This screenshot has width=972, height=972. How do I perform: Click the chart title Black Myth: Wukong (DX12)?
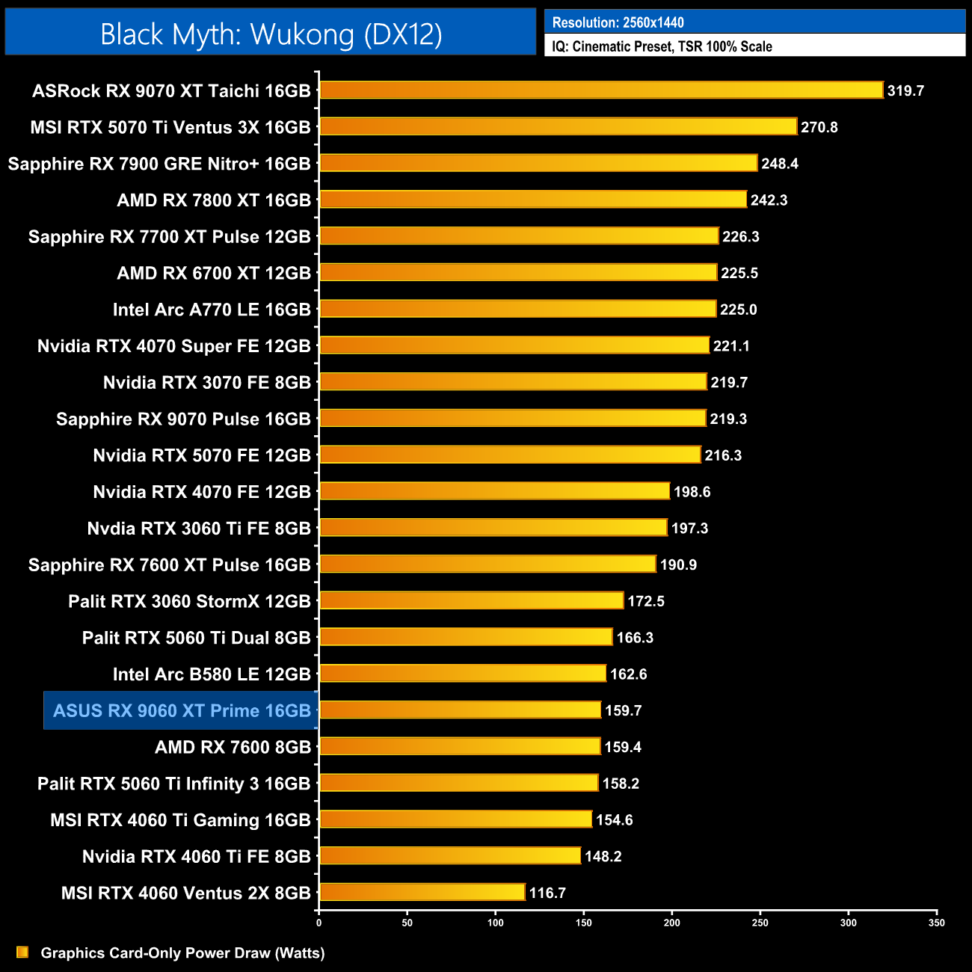click(271, 34)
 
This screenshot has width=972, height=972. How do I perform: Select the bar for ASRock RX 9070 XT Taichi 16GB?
click(601, 90)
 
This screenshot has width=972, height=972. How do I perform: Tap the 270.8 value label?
click(819, 127)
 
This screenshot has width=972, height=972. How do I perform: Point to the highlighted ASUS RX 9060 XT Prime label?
click(182, 710)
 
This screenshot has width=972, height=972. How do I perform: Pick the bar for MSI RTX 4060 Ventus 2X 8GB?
click(422, 892)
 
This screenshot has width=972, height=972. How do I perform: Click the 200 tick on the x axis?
click(671, 923)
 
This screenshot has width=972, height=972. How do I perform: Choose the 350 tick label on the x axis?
click(936, 923)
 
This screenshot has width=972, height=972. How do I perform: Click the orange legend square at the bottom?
click(22, 952)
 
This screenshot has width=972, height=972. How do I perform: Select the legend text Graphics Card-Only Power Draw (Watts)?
click(182, 953)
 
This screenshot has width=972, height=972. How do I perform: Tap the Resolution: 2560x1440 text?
click(618, 22)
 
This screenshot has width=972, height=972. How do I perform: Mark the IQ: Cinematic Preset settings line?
click(662, 46)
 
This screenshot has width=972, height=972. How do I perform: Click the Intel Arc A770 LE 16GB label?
click(212, 310)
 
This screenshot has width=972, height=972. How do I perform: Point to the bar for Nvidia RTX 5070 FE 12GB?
click(510, 455)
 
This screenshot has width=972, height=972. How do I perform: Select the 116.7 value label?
click(547, 893)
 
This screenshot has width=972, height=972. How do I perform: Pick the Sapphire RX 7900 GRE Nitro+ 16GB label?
click(159, 164)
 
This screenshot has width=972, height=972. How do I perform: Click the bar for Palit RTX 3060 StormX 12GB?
click(471, 600)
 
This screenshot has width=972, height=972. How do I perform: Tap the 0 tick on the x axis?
click(319, 923)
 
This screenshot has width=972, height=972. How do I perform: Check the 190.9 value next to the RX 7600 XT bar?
click(678, 565)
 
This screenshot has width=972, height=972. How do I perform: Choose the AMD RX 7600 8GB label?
click(233, 747)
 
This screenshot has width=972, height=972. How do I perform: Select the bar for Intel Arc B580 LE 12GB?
click(463, 674)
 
